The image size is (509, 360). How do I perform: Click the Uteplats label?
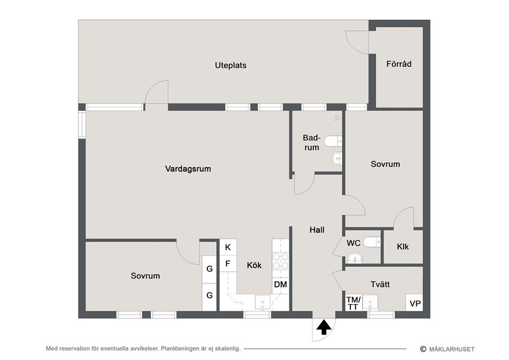(x=231, y=66)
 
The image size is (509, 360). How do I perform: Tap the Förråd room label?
(x=399, y=64)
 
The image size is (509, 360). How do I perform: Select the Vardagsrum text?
(x=188, y=169)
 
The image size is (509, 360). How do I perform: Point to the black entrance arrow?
(x=322, y=328)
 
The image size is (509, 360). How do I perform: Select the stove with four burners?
(x=280, y=261)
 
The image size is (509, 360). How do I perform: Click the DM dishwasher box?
(x=280, y=285)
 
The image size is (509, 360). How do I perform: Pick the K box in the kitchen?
(x=228, y=247)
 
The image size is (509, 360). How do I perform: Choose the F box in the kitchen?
(x=228, y=264)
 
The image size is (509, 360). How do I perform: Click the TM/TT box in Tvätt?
(x=353, y=303)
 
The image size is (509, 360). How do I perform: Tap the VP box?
(x=415, y=304)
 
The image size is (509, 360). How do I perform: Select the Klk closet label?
(x=402, y=247)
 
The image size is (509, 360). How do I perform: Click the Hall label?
(x=317, y=230)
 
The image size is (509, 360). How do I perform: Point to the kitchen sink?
(x=262, y=303)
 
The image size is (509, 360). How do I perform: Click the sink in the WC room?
(x=354, y=258)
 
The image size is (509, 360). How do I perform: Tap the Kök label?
(x=254, y=266)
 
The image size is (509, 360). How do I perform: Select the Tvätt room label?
(x=380, y=284)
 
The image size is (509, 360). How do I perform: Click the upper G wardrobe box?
(x=209, y=269)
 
